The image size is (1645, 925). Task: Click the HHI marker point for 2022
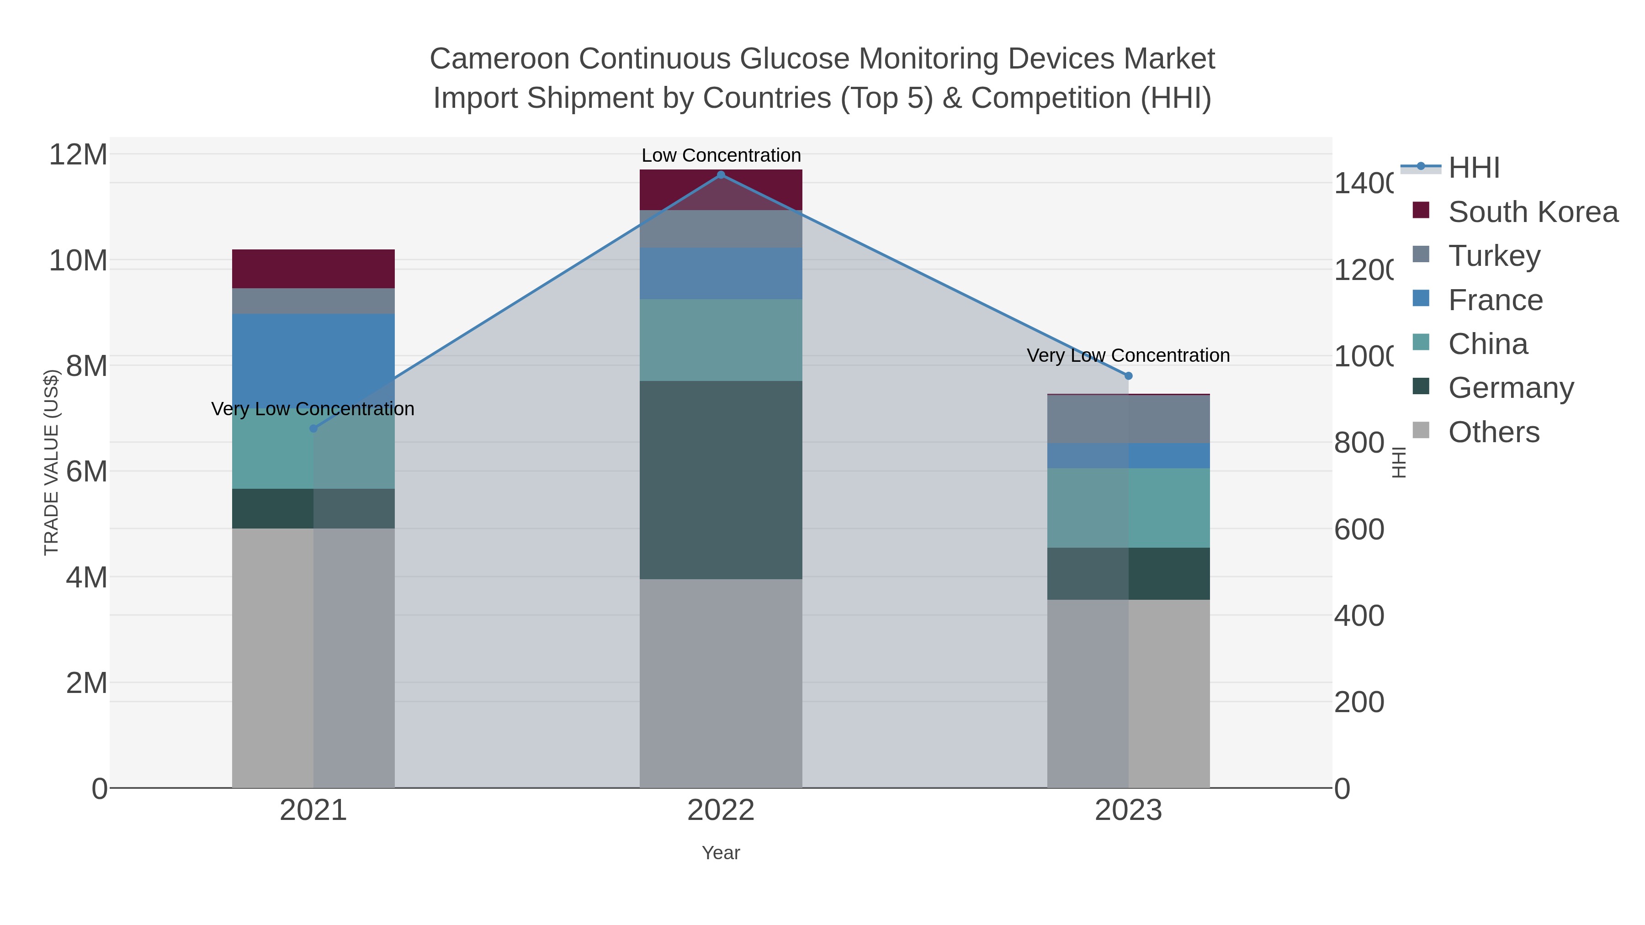721,175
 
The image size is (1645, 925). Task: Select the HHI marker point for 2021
313,428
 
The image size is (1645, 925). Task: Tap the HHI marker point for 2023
1128,376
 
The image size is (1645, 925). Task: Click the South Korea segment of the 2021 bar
313,269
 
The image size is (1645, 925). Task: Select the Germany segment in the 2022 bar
721,480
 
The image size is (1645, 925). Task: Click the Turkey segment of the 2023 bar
1128,419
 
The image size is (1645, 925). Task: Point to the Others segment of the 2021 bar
313,657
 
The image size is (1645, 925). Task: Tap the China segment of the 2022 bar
721,340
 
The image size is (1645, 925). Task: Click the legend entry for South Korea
1533,212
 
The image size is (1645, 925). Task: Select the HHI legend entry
1474,168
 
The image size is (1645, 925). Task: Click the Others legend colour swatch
1421,430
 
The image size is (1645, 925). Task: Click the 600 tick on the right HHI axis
1359,529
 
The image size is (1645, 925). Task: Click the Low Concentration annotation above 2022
721,155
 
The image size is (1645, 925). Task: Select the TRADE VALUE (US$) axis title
51,462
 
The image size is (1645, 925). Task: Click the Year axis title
721,853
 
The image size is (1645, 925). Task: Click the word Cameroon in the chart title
499,59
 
